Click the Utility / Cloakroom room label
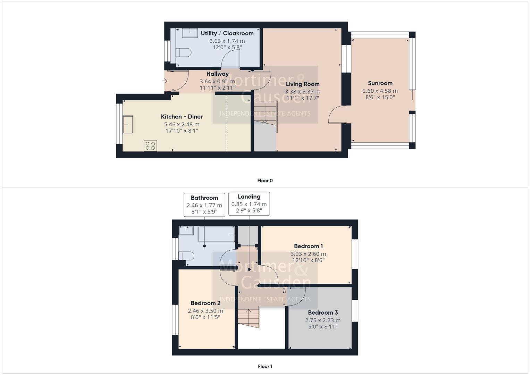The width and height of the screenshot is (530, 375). (x=227, y=33)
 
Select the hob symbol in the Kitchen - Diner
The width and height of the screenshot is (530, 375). (x=150, y=145)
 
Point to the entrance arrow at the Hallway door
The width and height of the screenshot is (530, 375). (x=165, y=81)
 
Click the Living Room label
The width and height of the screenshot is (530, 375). (x=302, y=84)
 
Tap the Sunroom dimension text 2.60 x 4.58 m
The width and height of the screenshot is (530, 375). (x=380, y=91)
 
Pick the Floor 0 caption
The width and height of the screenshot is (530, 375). (x=265, y=181)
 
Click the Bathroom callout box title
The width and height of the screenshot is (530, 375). (x=204, y=198)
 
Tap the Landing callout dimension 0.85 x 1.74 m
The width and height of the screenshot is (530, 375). (x=249, y=204)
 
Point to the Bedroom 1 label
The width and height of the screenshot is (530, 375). (x=308, y=246)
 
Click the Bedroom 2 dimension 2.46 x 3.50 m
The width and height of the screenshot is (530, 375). (x=205, y=311)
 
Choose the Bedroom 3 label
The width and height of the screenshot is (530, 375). (x=323, y=312)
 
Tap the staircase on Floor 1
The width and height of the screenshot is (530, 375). (x=249, y=317)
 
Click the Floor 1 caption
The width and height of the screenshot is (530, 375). (x=265, y=366)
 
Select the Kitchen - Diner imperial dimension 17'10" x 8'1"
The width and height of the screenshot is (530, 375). (x=182, y=131)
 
